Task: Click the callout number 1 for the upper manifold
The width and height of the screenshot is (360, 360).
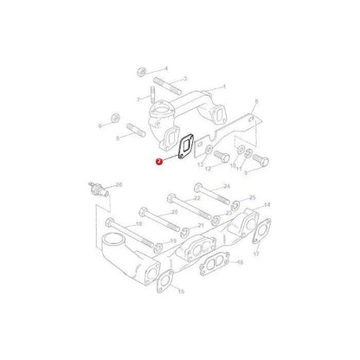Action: (x=224, y=87)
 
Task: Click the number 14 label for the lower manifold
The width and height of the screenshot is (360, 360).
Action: (x=267, y=204)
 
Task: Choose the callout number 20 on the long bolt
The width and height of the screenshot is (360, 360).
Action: (x=175, y=211)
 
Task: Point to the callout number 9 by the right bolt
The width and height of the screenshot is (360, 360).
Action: (x=245, y=172)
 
